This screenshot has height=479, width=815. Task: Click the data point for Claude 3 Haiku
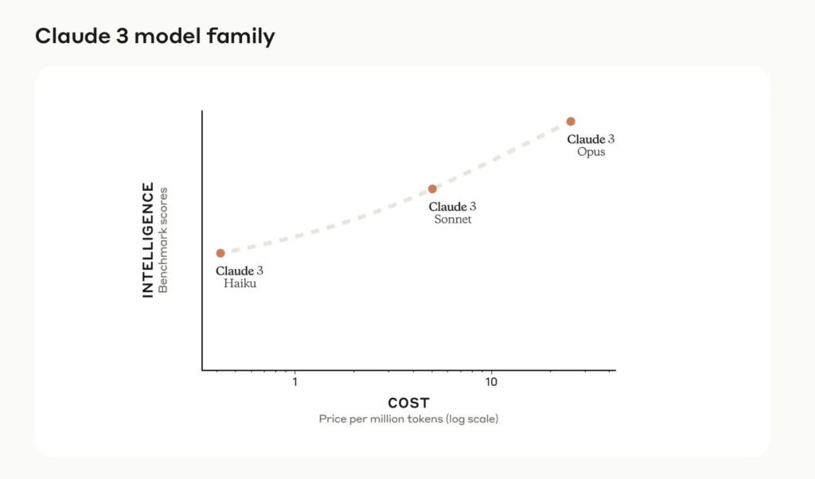pos(220,253)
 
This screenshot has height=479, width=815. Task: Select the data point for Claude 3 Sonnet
pos(432,189)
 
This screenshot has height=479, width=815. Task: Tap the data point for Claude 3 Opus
pos(571,121)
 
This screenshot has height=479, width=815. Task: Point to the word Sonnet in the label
pos(453,220)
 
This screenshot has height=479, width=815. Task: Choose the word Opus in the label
pos(591,152)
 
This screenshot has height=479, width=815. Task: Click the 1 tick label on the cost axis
pos(295,383)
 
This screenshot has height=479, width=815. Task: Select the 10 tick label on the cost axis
pos(491,383)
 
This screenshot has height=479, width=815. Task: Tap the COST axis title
pos(408,403)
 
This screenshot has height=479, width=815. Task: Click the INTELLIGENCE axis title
pos(148,240)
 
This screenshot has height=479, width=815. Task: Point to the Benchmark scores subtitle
pos(164,240)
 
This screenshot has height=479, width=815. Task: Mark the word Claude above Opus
pos(585,139)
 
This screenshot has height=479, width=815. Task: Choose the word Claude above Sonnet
pos(447,207)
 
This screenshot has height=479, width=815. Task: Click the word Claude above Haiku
pos(234,271)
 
